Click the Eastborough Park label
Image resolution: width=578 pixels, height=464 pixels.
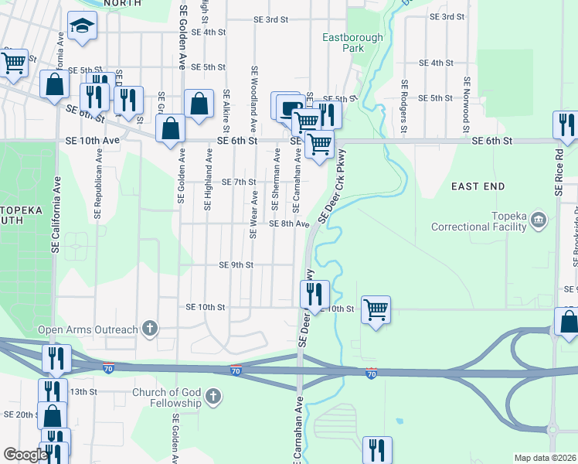point(342,42)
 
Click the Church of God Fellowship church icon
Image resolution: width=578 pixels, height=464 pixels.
point(213,398)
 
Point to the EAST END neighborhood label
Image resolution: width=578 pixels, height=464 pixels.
point(478,186)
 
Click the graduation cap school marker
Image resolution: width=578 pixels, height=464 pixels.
point(80,26)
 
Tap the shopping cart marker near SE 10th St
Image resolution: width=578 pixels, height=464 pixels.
point(376,310)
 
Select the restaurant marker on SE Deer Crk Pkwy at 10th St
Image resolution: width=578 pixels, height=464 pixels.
point(314,294)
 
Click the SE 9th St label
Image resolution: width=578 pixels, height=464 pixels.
point(236,265)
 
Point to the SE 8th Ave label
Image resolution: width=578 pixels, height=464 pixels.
point(289,223)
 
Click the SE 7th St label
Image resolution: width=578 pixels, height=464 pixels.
point(238,182)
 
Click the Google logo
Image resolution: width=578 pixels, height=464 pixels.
point(25,455)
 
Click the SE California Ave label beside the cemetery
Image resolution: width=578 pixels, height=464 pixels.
point(58,216)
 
